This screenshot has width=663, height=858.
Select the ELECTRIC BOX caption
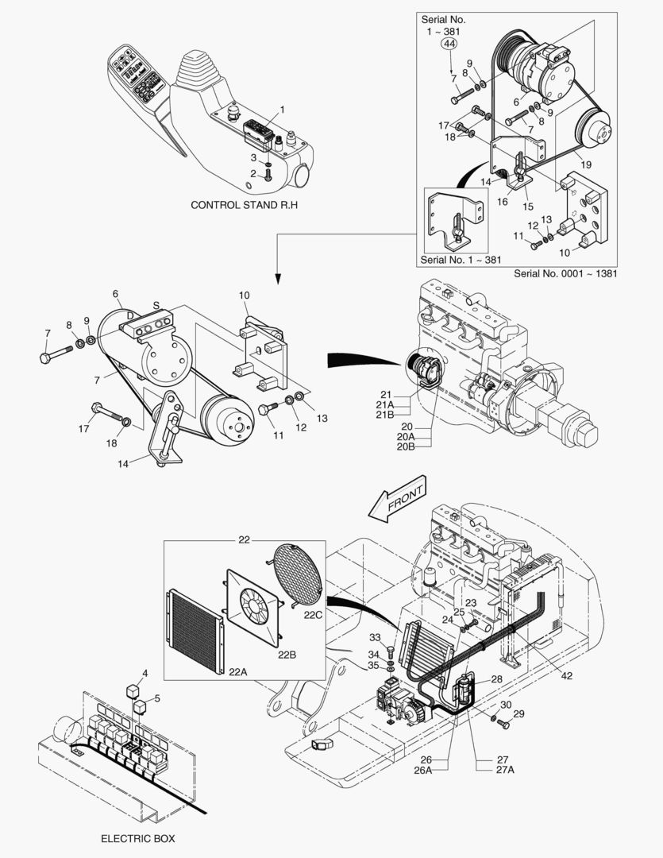(138, 838)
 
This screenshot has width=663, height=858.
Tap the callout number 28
(496, 679)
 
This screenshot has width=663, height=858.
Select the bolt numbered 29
(500, 723)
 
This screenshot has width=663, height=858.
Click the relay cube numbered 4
(133, 691)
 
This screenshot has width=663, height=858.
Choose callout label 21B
(385, 415)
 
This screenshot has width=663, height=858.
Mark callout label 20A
(406, 437)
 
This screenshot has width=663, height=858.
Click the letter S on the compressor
(156, 305)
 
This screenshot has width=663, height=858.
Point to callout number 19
(586, 164)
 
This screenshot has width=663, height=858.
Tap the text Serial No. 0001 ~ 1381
(565, 273)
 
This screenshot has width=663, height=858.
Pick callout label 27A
(505, 770)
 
